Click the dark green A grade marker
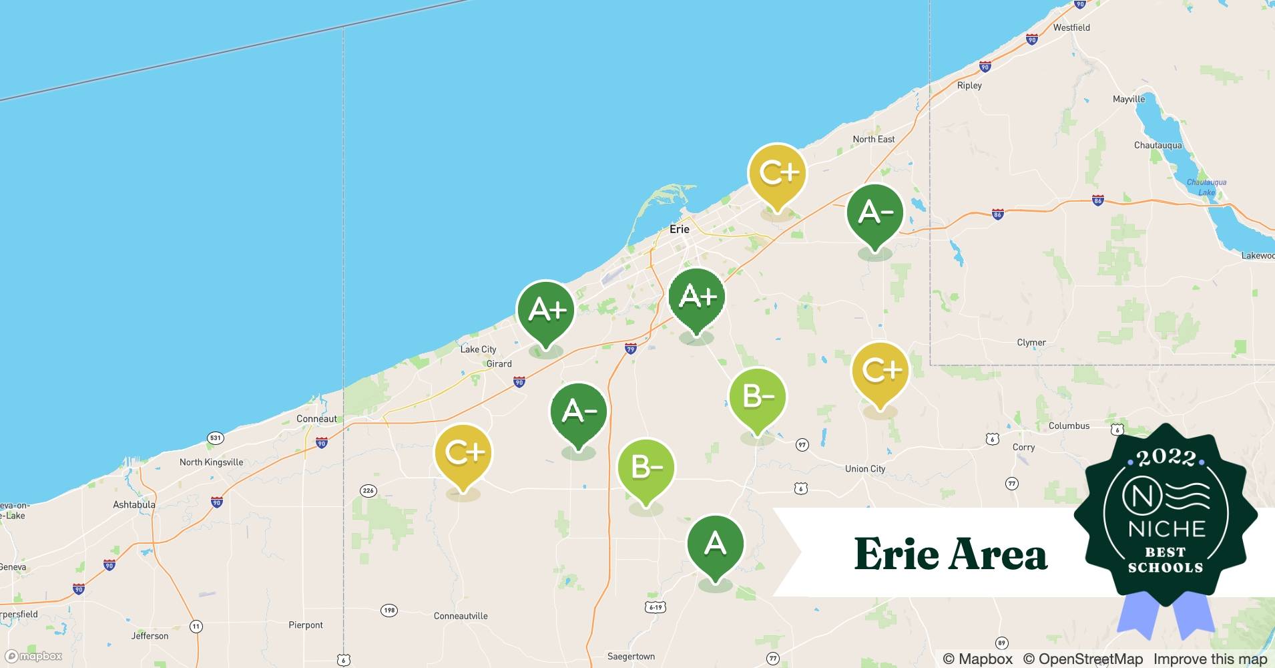point(715,544)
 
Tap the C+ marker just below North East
point(777,174)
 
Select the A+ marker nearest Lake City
point(546,311)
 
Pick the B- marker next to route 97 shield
point(757,398)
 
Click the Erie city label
point(680,229)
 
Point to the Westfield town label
point(1071,27)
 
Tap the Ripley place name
point(969,86)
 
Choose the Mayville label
point(1128,99)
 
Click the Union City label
point(865,469)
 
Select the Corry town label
point(1023,448)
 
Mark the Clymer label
point(1031,343)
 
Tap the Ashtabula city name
point(134,505)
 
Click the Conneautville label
point(461,616)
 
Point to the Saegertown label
point(631,657)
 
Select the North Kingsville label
point(211,462)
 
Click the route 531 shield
point(215,438)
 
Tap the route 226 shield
point(368,490)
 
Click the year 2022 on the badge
point(1166,458)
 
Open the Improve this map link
point(1210,659)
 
